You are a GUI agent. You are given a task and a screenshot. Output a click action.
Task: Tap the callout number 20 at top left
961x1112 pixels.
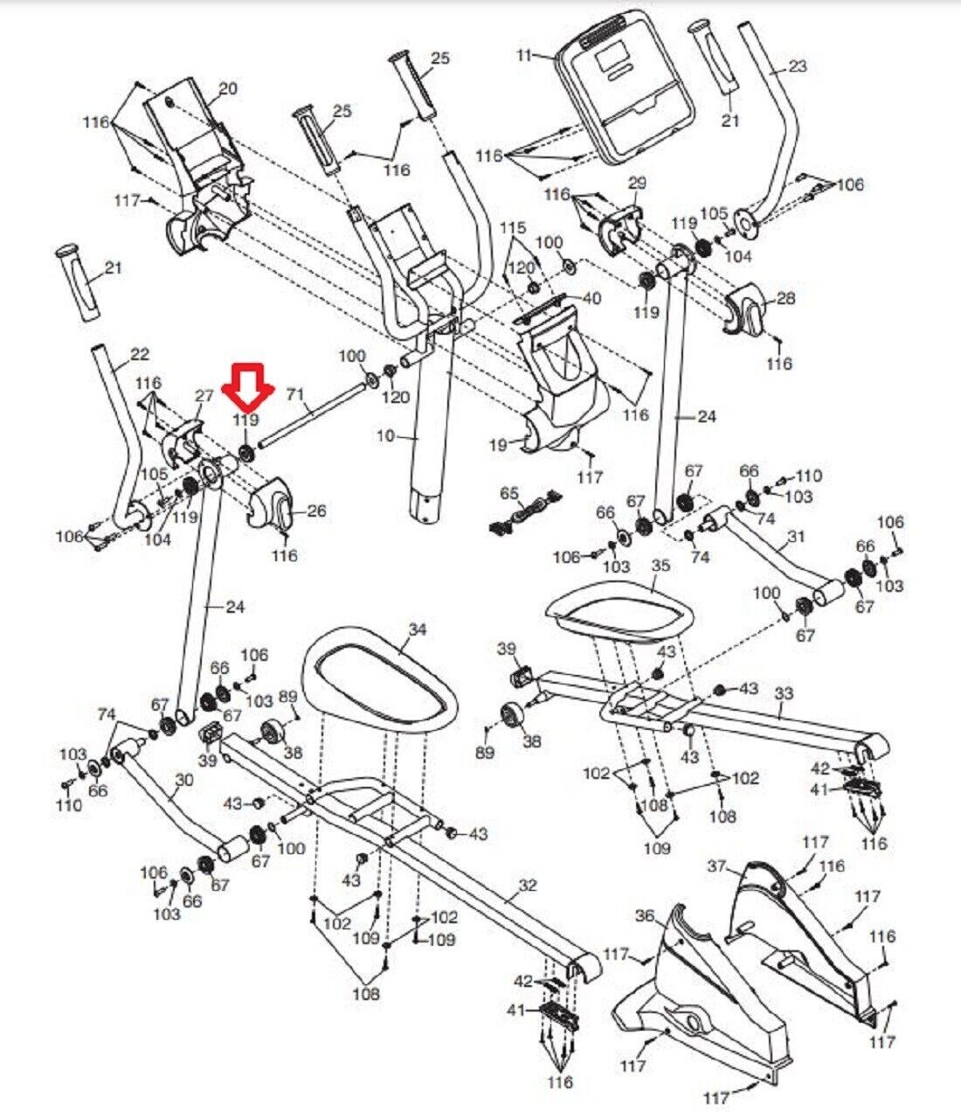tap(227, 88)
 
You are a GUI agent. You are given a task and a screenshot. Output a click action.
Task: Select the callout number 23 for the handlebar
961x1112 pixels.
tap(798, 66)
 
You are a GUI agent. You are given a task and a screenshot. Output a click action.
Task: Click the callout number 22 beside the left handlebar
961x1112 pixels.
tap(140, 355)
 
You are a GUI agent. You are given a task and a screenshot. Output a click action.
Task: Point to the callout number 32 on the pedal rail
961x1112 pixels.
tap(528, 886)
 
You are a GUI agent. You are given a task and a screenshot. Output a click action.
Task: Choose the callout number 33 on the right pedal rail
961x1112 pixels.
tap(785, 693)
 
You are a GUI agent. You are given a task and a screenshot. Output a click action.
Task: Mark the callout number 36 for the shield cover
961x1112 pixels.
tap(645, 916)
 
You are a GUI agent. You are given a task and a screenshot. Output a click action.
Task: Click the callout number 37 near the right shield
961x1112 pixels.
tap(717, 866)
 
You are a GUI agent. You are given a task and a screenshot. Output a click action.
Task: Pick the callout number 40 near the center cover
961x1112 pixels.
tap(591, 298)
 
